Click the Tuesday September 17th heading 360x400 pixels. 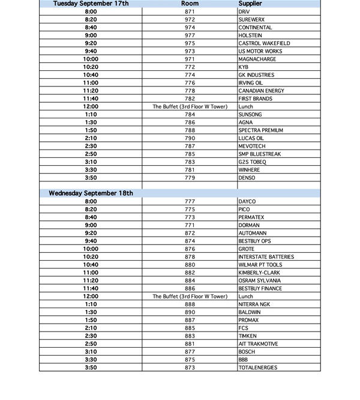[91, 4]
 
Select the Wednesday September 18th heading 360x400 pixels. [91, 193]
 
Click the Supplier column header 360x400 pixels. [250, 4]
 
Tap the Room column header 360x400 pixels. [190, 4]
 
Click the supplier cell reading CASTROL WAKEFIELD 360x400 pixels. [264, 43]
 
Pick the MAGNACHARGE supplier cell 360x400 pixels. [257, 59]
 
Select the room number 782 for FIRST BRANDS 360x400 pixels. [190, 98]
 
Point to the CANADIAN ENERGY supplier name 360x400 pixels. [261, 91]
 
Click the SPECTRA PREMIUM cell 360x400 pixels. [260, 130]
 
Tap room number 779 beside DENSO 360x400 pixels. [190, 178]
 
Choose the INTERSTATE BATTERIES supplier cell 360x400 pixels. [266, 256]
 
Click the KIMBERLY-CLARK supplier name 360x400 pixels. [259, 273]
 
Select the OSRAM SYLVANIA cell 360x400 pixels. [260, 280]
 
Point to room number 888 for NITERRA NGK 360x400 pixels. [190, 304]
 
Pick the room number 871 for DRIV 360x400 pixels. [190, 11]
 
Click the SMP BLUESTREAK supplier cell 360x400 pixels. [259, 154]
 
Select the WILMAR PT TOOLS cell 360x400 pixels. [260, 264]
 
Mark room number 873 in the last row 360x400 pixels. [190, 367]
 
